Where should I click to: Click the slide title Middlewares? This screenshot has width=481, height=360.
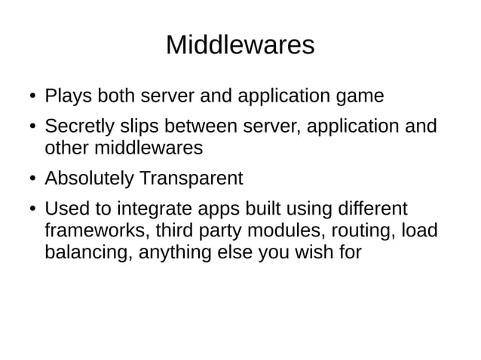(240, 45)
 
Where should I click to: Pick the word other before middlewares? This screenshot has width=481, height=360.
(66, 148)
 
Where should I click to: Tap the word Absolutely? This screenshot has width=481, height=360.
(88, 178)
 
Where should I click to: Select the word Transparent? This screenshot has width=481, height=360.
(189, 178)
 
